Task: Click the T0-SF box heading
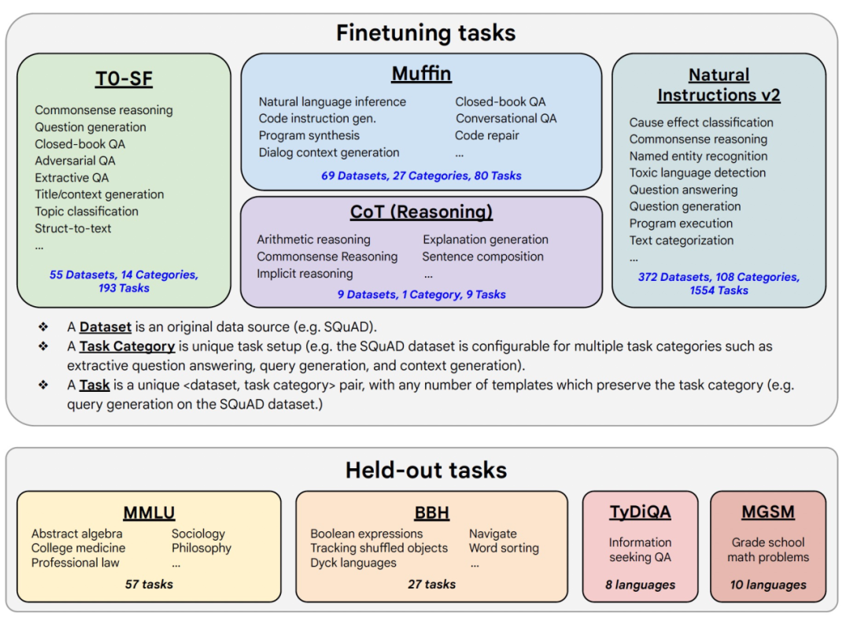point(124,79)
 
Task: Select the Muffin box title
point(421,73)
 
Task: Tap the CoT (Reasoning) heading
point(421,212)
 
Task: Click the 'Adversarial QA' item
point(75,161)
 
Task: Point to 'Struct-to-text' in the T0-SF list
point(72,228)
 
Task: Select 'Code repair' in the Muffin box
point(487,135)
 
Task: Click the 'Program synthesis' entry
point(309,135)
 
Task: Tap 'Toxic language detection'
point(697,173)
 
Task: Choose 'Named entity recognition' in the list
point(698,156)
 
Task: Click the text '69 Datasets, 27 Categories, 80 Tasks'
point(421,175)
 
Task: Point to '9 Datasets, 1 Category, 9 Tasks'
point(421,294)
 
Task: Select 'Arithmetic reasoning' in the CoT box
point(313,240)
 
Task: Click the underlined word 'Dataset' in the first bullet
point(105,327)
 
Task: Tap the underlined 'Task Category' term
point(127,346)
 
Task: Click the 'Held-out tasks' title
point(426,470)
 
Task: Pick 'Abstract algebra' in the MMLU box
point(76,534)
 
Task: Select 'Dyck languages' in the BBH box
point(353,563)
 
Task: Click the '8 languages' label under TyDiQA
point(640,585)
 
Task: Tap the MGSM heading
point(768,512)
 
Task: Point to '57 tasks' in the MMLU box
point(149,584)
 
